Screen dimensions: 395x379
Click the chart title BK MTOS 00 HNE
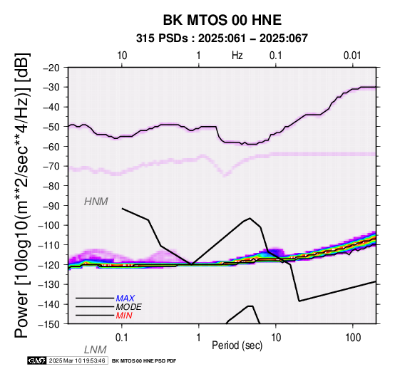click(x=222, y=20)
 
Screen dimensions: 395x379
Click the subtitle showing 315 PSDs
click(x=222, y=38)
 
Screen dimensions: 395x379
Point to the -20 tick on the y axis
click(x=51, y=68)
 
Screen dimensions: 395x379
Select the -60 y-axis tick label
click(x=51, y=146)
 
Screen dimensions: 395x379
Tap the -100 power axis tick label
click(x=49, y=225)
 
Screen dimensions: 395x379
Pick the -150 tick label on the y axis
click(x=49, y=324)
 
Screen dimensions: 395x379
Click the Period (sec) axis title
click(x=237, y=346)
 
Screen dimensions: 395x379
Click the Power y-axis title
click(x=22, y=195)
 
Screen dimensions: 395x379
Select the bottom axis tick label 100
click(x=353, y=338)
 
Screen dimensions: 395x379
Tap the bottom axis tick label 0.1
click(x=122, y=338)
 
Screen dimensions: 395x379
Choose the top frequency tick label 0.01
click(x=352, y=56)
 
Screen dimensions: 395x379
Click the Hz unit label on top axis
click(x=237, y=56)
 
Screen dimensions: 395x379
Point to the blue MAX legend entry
click(x=125, y=298)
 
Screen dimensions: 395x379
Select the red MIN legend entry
click(x=124, y=316)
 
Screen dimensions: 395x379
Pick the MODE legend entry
click(x=129, y=307)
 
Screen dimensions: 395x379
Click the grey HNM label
click(x=96, y=202)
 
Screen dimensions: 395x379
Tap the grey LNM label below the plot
click(x=96, y=350)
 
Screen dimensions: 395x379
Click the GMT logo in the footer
click(x=37, y=360)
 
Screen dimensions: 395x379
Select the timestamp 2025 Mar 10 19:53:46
click(x=77, y=361)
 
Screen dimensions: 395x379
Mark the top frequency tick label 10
click(x=122, y=56)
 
